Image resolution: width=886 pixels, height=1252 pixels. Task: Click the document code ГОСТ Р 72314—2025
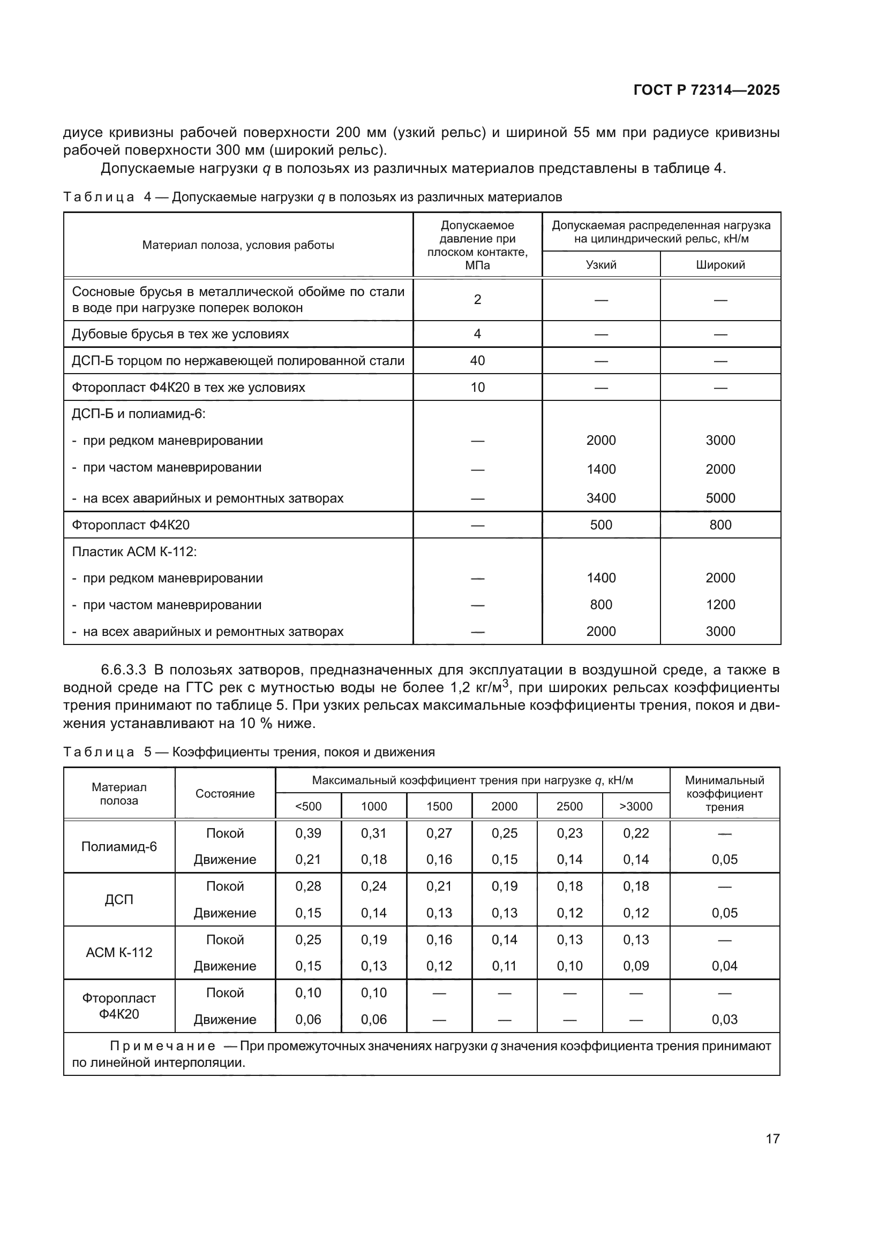707,90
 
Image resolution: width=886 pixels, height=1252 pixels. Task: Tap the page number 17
772,1139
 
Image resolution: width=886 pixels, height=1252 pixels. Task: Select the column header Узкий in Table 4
600,265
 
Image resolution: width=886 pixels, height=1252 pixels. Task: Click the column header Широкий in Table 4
720,265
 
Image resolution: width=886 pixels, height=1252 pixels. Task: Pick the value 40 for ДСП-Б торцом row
477,360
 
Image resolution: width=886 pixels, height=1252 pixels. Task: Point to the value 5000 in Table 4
720,498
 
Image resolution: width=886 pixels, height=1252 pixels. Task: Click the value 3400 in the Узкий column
600,498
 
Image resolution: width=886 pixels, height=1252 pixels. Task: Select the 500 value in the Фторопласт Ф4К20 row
600,525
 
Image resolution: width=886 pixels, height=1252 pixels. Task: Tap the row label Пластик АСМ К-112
134,551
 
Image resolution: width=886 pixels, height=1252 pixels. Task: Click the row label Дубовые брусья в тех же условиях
180,333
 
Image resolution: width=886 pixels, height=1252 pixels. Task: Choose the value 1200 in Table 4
720,604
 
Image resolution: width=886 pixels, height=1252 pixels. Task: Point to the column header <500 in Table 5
308,807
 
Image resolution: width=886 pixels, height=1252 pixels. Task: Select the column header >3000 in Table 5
636,807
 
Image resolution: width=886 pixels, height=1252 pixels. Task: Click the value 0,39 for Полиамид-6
308,833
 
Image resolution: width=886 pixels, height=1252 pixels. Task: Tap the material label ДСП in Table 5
119,900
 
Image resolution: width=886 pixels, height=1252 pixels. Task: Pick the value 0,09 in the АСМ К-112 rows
636,966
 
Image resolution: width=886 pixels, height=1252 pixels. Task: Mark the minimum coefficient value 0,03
724,1019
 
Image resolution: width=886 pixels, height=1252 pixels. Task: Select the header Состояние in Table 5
225,793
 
